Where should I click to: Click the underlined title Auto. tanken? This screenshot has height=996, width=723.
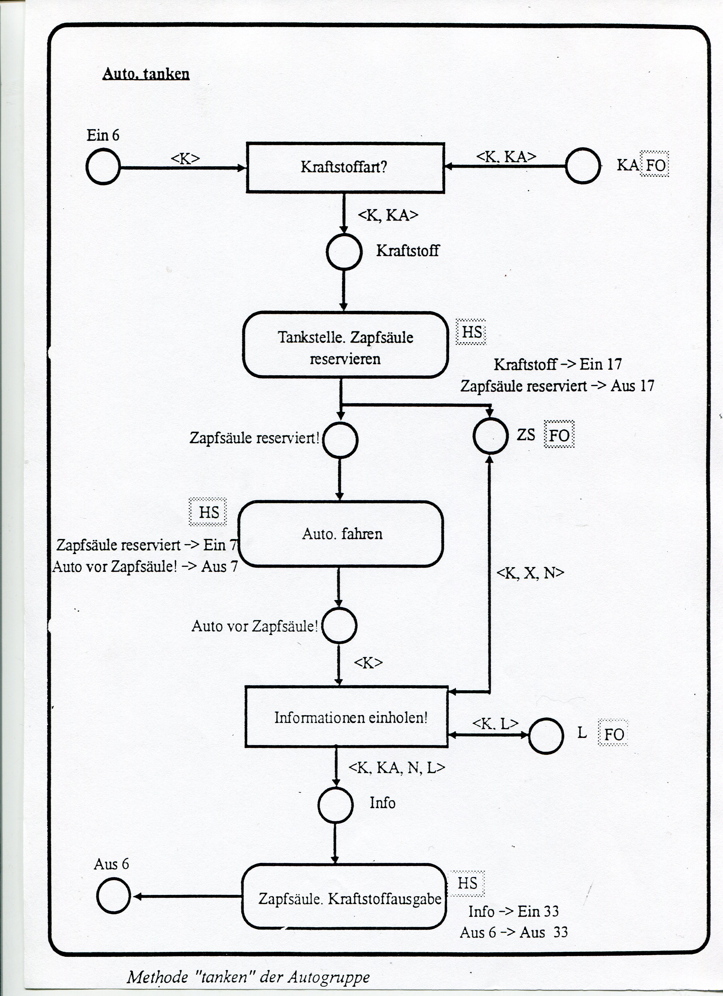[x=146, y=74]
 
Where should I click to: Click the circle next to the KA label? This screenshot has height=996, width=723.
[x=583, y=166]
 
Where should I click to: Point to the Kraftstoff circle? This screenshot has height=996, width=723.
[x=344, y=252]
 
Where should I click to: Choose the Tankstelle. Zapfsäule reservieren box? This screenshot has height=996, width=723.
[x=345, y=345]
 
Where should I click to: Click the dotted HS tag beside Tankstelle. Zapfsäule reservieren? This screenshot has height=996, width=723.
[x=472, y=332]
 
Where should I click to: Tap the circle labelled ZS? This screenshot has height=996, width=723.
[x=490, y=436]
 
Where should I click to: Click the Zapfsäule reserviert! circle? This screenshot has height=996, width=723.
[x=340, y=440]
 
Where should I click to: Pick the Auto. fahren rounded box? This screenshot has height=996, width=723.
[x=341, y=534]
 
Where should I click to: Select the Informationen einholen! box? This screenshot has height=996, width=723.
[x=346, y=717]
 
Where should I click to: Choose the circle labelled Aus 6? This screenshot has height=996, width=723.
[x=113, y=896]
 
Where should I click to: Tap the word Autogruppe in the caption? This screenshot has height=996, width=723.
[x=329, y=977]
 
